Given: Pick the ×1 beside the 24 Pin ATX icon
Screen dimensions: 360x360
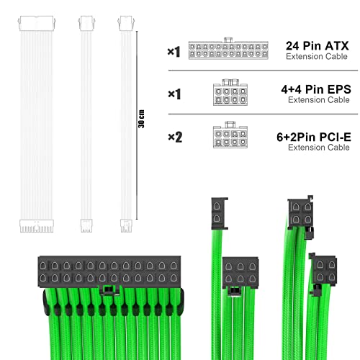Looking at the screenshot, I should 173,51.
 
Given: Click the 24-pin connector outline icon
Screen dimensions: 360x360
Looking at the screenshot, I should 228,50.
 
